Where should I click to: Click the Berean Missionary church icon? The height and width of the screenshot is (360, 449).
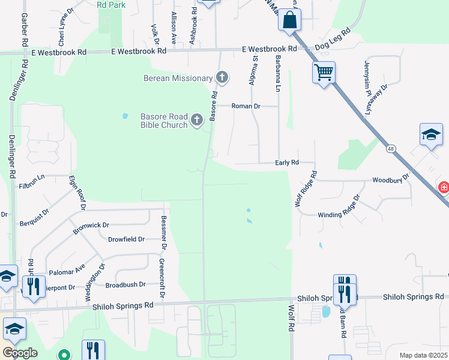pyautogui.click(x=222, y=77)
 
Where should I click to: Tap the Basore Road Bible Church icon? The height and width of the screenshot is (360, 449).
pyautogui.click(x=196, y=121)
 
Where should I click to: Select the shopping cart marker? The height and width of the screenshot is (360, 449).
pyautogui.click(x=324, y=73)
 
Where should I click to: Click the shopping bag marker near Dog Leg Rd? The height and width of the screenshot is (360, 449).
pyautogui.click(x=289, y=20)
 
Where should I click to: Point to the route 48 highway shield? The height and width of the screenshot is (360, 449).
pyautogui.click(x=391, y=149)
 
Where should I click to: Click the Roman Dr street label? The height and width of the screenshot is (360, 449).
pyautogui.click(x=247, y=106)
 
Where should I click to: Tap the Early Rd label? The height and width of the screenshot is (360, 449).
pyautogui.click(x=287, y=163)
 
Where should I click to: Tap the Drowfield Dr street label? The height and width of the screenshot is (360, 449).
pyautogui.click(x=127, y=239)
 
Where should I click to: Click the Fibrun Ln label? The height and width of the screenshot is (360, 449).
pyautogui.click(x=32, y=177)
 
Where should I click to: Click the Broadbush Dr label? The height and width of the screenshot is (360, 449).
pyautogui.click(x=125, y=285)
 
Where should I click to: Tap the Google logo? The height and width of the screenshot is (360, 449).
pyautogui.click(x=20, y=353)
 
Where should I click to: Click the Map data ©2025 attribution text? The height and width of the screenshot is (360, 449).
pyautogui.click(x=423, y=355)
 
